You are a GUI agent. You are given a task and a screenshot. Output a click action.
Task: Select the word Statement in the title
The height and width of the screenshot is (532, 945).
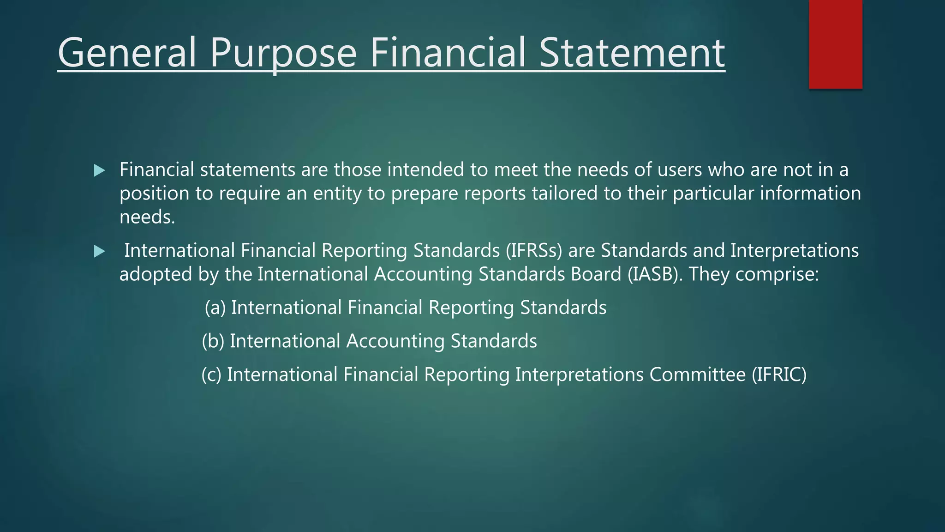point(632,53)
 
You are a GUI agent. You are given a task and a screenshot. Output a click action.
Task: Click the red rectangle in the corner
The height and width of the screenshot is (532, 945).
point(835,44)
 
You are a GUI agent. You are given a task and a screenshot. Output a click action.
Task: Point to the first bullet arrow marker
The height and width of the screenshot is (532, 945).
point(99,171)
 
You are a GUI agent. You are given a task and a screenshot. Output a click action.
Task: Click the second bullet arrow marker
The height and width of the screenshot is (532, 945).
point(99,252)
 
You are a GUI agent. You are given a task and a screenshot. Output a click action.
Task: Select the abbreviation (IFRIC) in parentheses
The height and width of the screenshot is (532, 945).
point(779,375)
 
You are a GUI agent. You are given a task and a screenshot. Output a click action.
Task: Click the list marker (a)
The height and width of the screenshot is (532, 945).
point(215,308)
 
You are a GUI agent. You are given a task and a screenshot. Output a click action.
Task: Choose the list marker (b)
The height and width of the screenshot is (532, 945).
point(213,341)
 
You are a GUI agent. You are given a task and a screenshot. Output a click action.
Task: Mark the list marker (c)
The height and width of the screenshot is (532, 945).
point(211,375)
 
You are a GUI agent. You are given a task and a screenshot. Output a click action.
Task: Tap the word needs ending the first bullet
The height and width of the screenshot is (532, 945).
point(147,217)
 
